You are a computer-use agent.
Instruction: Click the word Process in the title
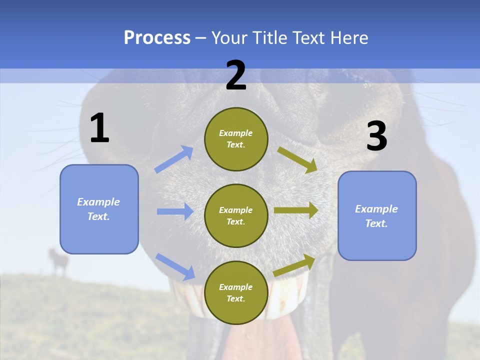pyautogui.click(x=157, y=37)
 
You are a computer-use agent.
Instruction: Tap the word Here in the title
pyautogui.click(x=348, y=37)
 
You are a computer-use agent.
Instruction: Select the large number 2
pyautogui.click(x=236, y=75)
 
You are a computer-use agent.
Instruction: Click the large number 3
pyautogui.click(x=376, y=137)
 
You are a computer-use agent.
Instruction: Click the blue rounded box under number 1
pyautogui.click(x=99, y=209)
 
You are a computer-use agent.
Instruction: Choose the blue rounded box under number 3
pyautogui.click(x=377, y=215)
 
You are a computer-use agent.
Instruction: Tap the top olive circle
pyautogui.click(x=236, y=139)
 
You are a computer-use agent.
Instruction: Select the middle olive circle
pyautogui.click(x=236, y=215)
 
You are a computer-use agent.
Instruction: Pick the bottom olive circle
pyautogui.click(x=236, y=292)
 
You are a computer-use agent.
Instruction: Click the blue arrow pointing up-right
pyautogui.click(x=174, y=159)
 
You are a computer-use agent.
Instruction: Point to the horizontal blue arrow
pyautogui.click(x=175, y=211)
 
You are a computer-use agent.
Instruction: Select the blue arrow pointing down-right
pyautogui.click(x=175, y=266)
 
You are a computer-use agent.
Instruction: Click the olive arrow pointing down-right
pyautogui.click(x=298, y=159)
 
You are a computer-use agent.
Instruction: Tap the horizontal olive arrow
pyautogui.click(x=296, y=210)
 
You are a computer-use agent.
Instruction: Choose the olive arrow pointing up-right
pyautogui.click(x=294, y=265)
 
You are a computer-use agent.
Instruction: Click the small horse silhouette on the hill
pyautogui.click(x=59, y=260)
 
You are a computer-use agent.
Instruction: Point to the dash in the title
pyautogui.click(x=201, y=38)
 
